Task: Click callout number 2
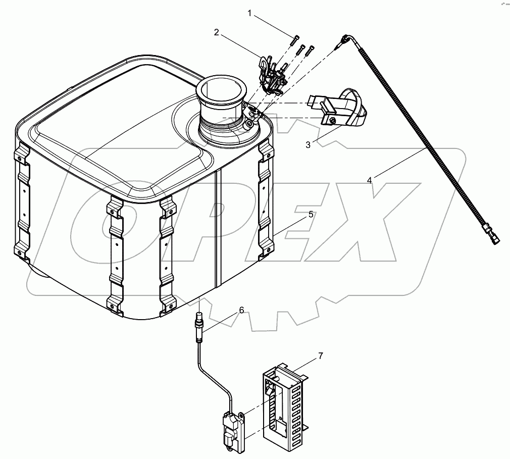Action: click(x=216, y=32)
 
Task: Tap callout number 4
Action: click(x=370, y=180)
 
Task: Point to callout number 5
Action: click(x=311, y=214)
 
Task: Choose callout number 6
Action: click(x=241, y=310)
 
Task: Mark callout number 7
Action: click(x=320, y=357)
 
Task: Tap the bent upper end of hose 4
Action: click(x=347, y=39)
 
